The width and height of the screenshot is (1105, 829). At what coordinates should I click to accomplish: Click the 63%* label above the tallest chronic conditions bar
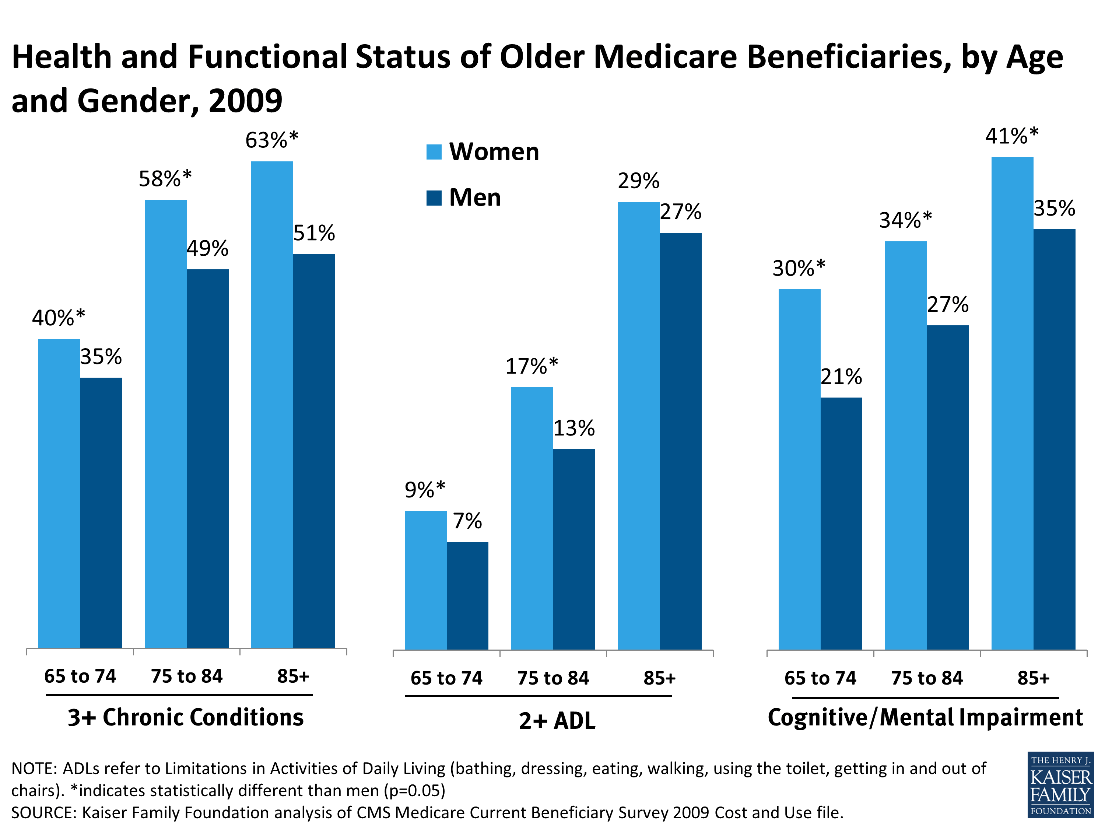click(x=271, y=140)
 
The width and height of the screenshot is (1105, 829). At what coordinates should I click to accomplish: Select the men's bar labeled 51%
click(x=314, y=450)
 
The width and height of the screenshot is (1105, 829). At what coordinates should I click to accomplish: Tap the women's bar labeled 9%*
click(x=425, y=580)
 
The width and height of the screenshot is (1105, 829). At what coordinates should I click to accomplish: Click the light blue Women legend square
click(x=434, y=152)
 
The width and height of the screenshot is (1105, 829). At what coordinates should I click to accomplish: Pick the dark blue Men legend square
click(x=434, y=198)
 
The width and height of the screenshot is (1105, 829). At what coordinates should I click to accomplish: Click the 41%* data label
click(x=1011, y=136)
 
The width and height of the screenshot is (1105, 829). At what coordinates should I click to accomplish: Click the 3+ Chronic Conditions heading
click(x=185, y=717)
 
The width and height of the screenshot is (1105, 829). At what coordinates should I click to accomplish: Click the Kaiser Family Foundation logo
click(x=1060, y=785)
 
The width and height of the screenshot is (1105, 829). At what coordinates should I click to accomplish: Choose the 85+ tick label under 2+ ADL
click(x=659, y=678)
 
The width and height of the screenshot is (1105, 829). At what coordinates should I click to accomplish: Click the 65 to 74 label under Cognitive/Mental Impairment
click(x=820, y=678)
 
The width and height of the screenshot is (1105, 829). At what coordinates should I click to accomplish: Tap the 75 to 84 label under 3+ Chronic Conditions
click(x=186, y=676)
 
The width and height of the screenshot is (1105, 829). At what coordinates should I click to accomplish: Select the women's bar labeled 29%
click(x=638, y=425)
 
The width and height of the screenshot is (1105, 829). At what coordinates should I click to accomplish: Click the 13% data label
click(x=574, y=428)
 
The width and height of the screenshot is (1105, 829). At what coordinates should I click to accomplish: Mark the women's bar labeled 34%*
click(x=905, y=445)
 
